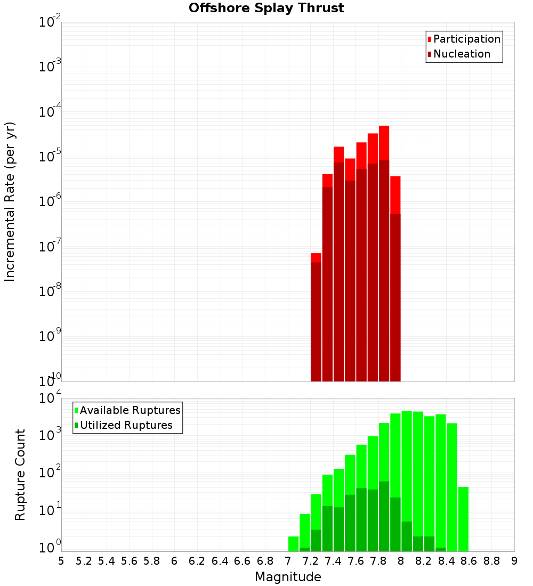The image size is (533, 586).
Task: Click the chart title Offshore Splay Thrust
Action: click(266, 8)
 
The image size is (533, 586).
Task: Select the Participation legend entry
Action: click(466, 39)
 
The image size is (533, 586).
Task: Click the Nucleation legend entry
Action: click(461, 54)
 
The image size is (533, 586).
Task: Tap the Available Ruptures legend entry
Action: click(130, 410)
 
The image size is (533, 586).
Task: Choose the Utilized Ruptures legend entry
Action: click(126, 425)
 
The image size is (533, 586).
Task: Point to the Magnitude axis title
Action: click(288, 577)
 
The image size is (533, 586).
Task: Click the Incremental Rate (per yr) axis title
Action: click(11, 201)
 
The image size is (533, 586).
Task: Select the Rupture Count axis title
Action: click(20, 475)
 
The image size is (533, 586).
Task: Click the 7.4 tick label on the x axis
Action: click(333, 561)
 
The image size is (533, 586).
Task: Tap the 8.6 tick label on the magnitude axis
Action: click(469, 561)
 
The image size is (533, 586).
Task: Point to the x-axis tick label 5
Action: click(61, 561)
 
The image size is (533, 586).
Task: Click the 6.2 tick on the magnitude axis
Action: click(197, 561)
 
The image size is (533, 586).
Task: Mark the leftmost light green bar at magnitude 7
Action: click(293, 544)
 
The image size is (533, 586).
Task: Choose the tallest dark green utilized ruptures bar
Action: click(384, 516)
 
